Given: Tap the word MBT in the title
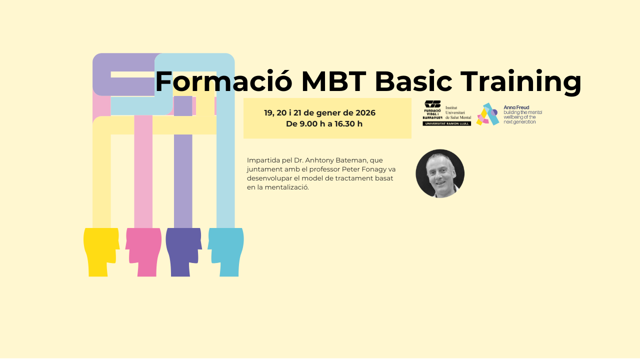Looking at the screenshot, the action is [334, 81].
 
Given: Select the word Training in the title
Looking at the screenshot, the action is [521, 82].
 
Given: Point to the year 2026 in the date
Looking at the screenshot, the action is [365, 113].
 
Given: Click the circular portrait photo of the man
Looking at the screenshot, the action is [440, 173].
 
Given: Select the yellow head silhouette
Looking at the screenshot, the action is [101, 252].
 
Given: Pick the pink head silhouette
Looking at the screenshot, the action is [143, 252].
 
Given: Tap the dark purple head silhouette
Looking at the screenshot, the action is [183, 252].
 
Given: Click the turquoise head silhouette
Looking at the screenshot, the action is [225, 252].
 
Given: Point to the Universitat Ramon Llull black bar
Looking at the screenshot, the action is [447, 123].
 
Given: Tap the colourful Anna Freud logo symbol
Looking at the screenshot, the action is [487, 114].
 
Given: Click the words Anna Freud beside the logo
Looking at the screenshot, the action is [516, 107].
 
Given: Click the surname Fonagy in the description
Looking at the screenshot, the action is [371, 169].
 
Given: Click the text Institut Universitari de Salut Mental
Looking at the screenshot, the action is [458, 112].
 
